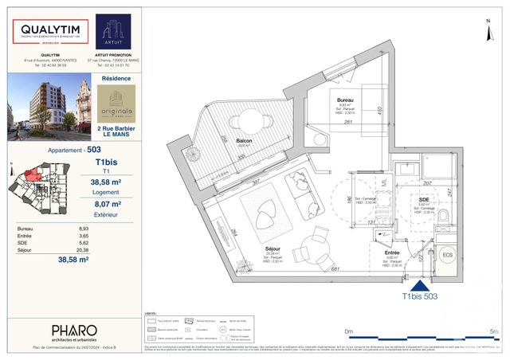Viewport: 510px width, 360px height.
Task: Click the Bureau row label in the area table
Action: (x=26, y=229)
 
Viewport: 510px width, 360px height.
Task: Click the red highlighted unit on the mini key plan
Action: (x=29, y=175)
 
